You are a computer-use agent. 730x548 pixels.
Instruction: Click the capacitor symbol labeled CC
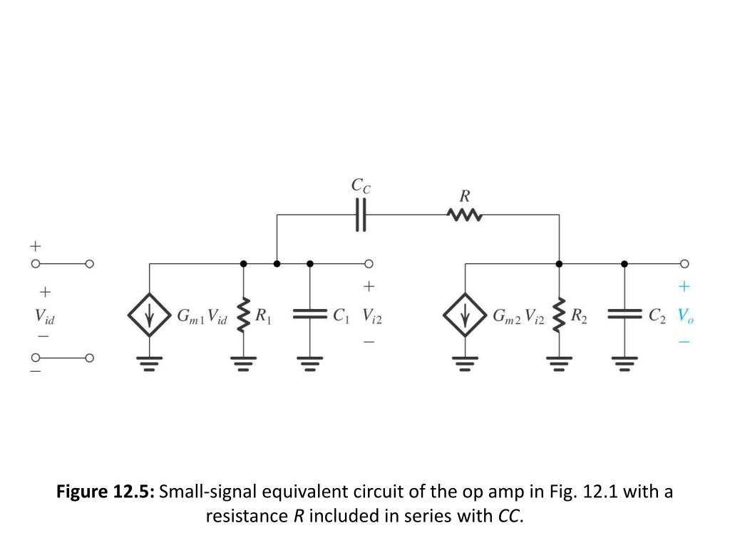tap(361, 214)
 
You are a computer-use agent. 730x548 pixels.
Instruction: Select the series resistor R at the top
tap(465, 214)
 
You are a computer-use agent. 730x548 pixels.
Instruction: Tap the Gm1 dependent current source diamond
tap(149, 315)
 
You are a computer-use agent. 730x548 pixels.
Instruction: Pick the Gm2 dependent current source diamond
tap(466, 315)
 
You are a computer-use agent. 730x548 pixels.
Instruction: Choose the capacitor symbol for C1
tap(309, 314)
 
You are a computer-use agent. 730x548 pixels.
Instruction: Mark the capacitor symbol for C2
tap(624, 314)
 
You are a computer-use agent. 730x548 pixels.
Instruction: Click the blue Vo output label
tap(685, 315)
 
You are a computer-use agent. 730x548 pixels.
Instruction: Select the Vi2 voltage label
tap(371, 315)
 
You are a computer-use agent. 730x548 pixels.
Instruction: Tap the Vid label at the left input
tap(44, 315)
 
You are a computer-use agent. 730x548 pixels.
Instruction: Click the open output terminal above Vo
tap(686, 263)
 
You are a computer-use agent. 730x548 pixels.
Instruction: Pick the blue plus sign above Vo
tap(684, 287)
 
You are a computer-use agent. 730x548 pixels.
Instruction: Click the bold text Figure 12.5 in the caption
tap(106, 492)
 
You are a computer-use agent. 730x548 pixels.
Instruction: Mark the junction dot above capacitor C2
tap(624, 263)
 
